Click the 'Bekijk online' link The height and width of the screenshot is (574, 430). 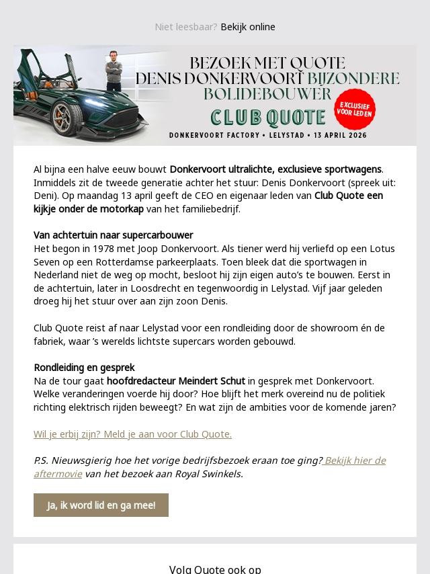tap(248, 27)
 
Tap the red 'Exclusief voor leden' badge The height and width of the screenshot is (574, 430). tap(355, 110)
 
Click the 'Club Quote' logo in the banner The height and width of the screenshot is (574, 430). tap(268, 118)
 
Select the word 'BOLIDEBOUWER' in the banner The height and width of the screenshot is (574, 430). tap(267, 94)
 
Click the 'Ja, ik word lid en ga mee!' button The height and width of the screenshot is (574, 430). tap(101, 505)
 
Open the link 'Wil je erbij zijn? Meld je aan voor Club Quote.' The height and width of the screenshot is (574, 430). tap(132, 434)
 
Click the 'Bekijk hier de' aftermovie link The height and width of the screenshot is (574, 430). tap(354, 460)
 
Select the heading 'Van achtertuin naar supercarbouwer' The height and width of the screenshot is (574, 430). tap(114, 235)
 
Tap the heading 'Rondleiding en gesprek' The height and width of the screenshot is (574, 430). tap(84, 368)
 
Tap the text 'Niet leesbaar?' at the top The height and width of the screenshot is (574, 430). tap(185, 27)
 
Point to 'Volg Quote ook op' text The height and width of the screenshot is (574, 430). tap(215, 569)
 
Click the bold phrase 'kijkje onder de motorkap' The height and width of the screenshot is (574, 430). tap(89, 209)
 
